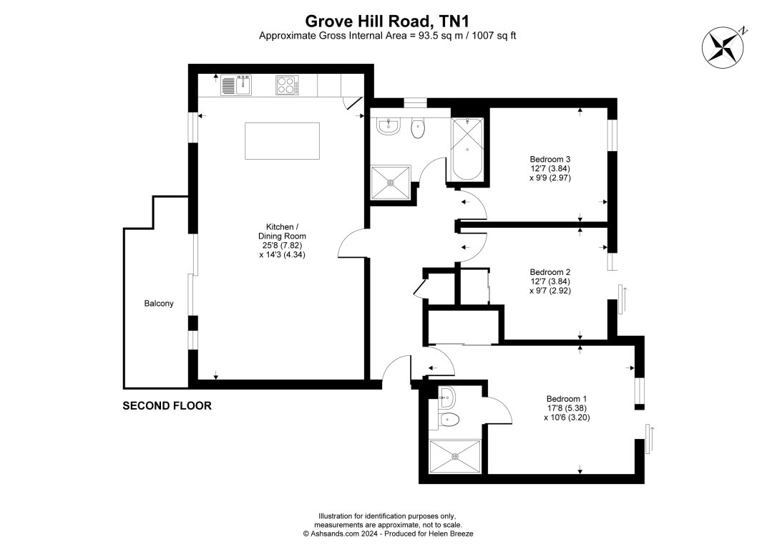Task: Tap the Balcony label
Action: tap(159, 304)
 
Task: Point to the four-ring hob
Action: tap(288, 85)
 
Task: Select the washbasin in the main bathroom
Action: tap(388, 127)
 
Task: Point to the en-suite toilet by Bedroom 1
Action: tap(449, 420)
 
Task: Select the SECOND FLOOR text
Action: tap(167, 406)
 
